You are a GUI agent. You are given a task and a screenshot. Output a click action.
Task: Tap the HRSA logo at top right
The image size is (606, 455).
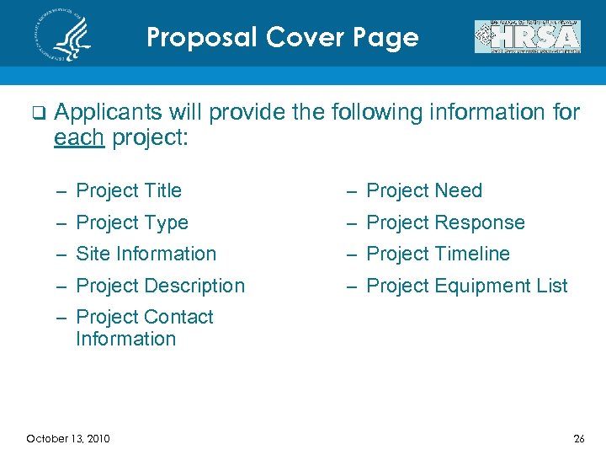528,37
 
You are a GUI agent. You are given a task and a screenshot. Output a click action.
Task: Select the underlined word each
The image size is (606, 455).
78,137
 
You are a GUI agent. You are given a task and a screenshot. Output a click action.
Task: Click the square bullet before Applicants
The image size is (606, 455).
36,113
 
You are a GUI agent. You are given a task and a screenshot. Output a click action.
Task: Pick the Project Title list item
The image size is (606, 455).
129,191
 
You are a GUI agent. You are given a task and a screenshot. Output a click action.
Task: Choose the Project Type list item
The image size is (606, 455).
132,223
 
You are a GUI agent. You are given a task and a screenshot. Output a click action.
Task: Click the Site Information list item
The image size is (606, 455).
146,254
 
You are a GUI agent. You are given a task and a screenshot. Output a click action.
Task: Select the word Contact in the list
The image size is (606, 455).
178,317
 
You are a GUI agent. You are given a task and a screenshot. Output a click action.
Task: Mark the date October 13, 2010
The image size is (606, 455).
68,438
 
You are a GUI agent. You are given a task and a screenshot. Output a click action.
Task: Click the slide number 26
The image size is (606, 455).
578,438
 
